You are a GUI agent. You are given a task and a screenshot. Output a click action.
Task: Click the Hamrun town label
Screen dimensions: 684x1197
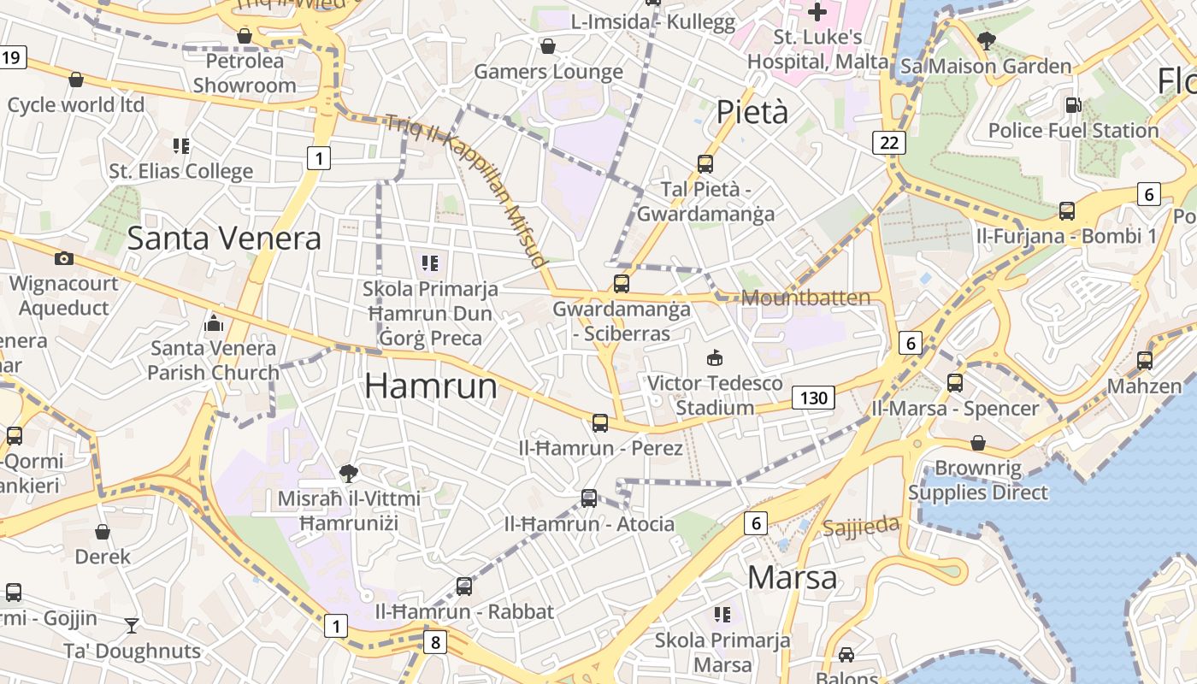431,386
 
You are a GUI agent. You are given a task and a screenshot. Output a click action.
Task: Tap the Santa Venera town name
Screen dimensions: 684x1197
224,239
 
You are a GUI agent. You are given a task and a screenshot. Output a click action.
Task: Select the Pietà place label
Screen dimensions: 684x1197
752,112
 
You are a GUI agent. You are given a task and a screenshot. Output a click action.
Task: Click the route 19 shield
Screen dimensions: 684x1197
11,58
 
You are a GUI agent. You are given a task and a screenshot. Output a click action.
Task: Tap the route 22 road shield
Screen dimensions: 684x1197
889,143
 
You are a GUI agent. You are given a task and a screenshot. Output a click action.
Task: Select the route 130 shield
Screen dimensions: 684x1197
813,398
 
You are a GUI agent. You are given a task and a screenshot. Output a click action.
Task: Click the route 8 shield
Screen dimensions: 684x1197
435,641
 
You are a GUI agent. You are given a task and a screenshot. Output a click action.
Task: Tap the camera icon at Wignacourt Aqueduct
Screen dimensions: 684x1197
63,258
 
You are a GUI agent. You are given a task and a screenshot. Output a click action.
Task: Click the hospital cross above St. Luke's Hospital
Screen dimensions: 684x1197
817,12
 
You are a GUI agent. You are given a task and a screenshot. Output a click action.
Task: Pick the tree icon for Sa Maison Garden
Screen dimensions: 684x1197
986,40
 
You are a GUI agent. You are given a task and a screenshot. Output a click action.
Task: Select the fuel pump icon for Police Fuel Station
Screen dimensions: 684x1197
1073,105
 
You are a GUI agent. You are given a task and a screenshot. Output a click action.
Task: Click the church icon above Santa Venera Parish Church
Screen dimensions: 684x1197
213,323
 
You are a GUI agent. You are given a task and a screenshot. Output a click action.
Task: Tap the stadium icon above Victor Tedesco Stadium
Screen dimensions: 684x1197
715,357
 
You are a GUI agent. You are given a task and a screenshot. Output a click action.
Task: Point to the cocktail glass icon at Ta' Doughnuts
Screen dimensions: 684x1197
131,626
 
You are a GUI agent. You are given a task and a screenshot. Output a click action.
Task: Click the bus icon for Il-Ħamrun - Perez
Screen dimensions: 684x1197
600,422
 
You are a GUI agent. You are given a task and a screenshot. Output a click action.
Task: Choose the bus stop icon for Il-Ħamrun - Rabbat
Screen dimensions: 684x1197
463,587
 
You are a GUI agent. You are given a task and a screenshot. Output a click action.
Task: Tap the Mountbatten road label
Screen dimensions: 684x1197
806,298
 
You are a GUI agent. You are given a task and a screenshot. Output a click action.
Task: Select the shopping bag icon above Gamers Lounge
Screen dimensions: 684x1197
548,46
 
